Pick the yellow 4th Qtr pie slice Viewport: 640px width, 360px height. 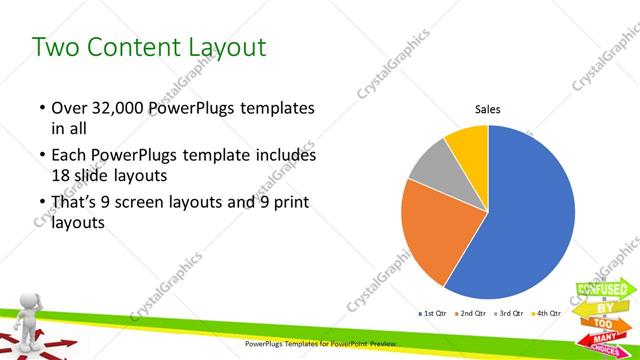click(467, 142)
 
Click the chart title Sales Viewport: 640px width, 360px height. click(487, 109)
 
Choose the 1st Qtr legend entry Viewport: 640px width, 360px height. click(432, 313)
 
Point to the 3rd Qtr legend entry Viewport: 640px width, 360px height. click(509, 313)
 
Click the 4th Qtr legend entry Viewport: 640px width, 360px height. click(546, 313)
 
